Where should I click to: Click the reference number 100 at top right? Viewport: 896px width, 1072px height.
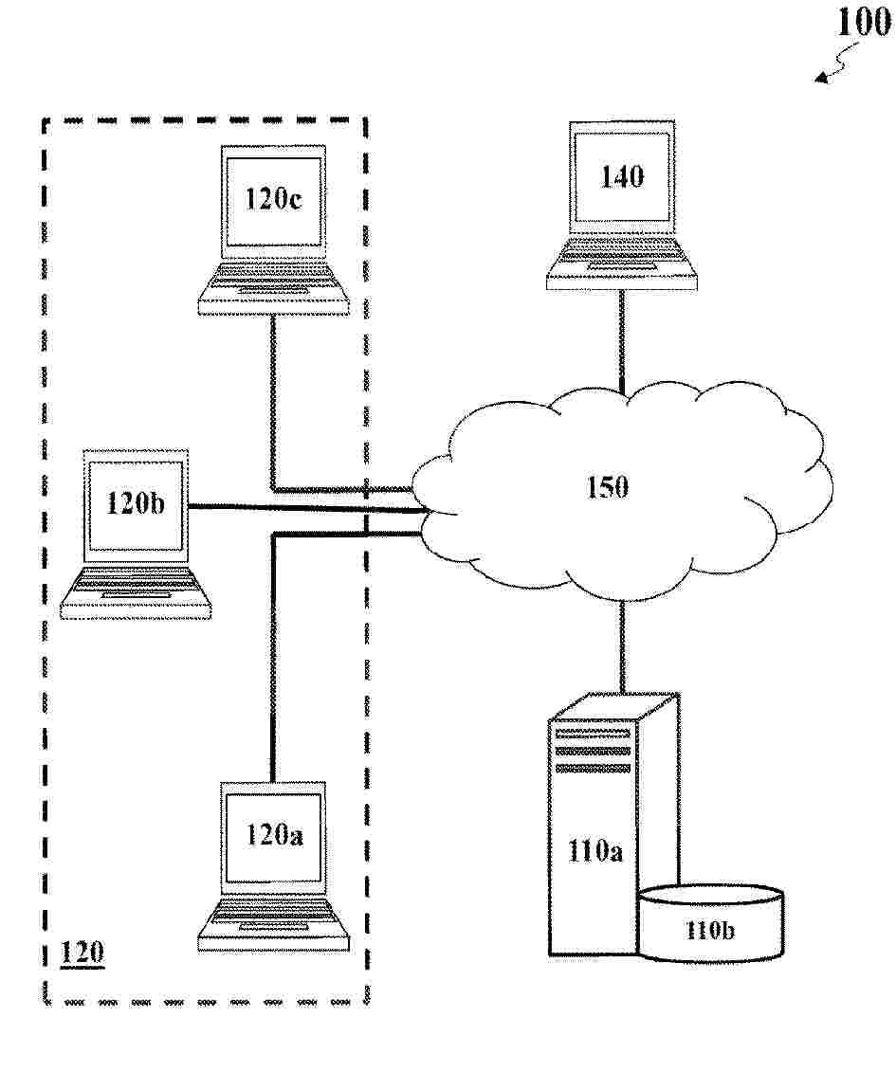point(863,24)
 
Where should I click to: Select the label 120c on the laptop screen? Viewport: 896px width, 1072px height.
point(273,200)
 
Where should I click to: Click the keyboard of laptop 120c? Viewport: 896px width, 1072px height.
point(274,282)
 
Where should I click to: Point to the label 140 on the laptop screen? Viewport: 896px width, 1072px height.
point(622,176)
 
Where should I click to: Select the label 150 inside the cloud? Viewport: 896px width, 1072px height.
point(607,487)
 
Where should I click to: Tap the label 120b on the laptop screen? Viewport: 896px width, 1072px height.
point(136,503)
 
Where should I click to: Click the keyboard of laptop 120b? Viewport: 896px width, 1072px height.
point(137,588)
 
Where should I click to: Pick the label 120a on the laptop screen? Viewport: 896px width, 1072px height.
point(274,835)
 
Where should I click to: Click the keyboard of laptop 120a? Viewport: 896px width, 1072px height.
point(274,918)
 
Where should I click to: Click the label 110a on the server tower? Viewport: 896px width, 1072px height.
point(594,851)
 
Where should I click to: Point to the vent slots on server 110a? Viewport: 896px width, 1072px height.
point(593,748)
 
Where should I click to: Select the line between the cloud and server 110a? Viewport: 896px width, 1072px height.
point(622,645)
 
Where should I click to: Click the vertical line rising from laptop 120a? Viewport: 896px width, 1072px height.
point(273,663)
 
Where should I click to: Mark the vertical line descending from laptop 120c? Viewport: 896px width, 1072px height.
point(273,398)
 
